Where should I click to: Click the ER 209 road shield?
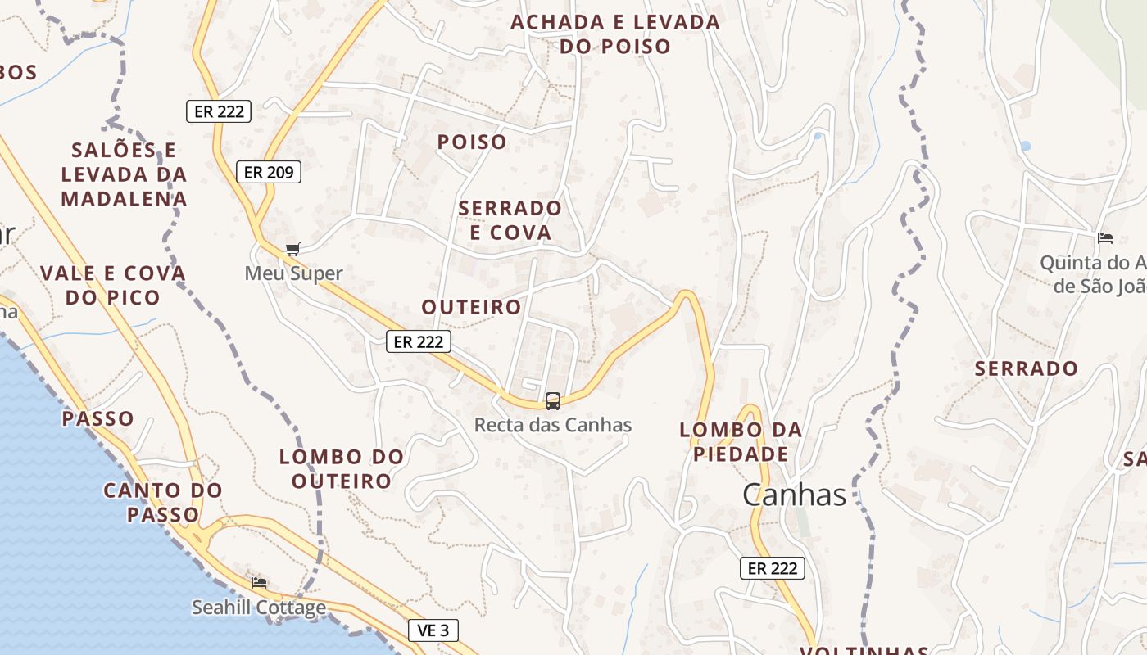pyautogui.click(x=269, y=172)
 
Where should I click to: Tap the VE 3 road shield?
pyautogui.click(x=433, y=630)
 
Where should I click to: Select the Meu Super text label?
pyautogui.click(x=293, y=273)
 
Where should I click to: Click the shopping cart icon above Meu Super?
pyautogui.click(x=292, y=249)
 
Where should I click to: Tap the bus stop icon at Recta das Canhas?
pyautogui.click(x=553, y=400)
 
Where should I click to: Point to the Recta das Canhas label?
pyautogui.click(x=553, y=425)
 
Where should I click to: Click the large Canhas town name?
pyautogui.click(x=794, y=495)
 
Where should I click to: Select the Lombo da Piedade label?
pyautogui.click(x=741, y=441)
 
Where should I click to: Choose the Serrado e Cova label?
pyautogui.click(x=510, y=220)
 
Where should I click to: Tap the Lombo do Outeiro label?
pyautogui.click(x=342, y=468)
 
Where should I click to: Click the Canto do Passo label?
pyautogui.click(x=163, y=503)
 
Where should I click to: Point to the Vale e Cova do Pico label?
pyautogui.click(x=113, y=285)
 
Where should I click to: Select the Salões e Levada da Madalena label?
pyautogui.click(x=124, y=174)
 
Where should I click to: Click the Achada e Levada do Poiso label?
pyautogui.click(x=615, y=34)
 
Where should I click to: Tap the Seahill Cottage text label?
pyautogui.click(x=259, y=608)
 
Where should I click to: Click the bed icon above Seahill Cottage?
pyautogui.click(x=259, y=582)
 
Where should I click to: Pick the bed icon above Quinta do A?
pyautogui.click(x=1105, y=238)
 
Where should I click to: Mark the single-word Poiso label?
pyautogui.click(x=472, y=142)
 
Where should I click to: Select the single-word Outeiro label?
pyautogui.click(x=471, y=307)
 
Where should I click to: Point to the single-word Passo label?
pyautogui.click(x=97, y=419)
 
